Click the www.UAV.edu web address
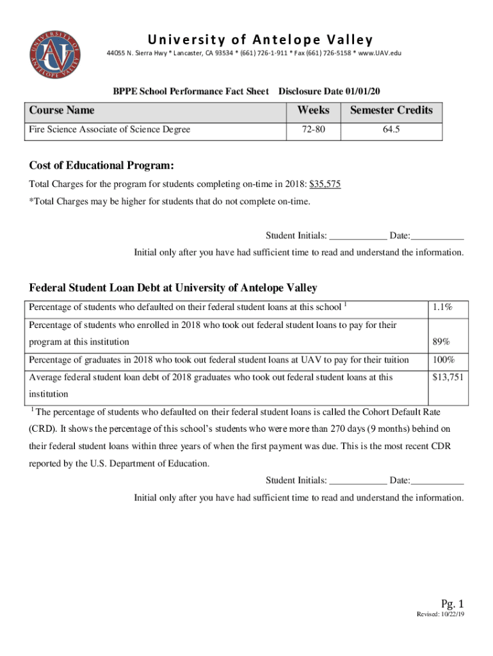(380, 53)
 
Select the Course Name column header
(61, 110)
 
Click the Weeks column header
(313, 110)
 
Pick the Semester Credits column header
(391, 110)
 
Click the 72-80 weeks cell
(313, 129)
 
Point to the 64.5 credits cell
(391, 129)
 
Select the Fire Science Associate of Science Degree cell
(109, 129)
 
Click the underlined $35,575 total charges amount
(325, 184)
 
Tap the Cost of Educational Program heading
(102, 165)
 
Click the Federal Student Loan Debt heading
(173, 288)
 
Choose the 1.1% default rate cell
(442, 307)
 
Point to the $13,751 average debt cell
(448, 377)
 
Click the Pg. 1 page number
(451, 603)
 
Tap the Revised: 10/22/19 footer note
(440, 614)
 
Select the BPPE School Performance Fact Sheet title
(191, 92)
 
